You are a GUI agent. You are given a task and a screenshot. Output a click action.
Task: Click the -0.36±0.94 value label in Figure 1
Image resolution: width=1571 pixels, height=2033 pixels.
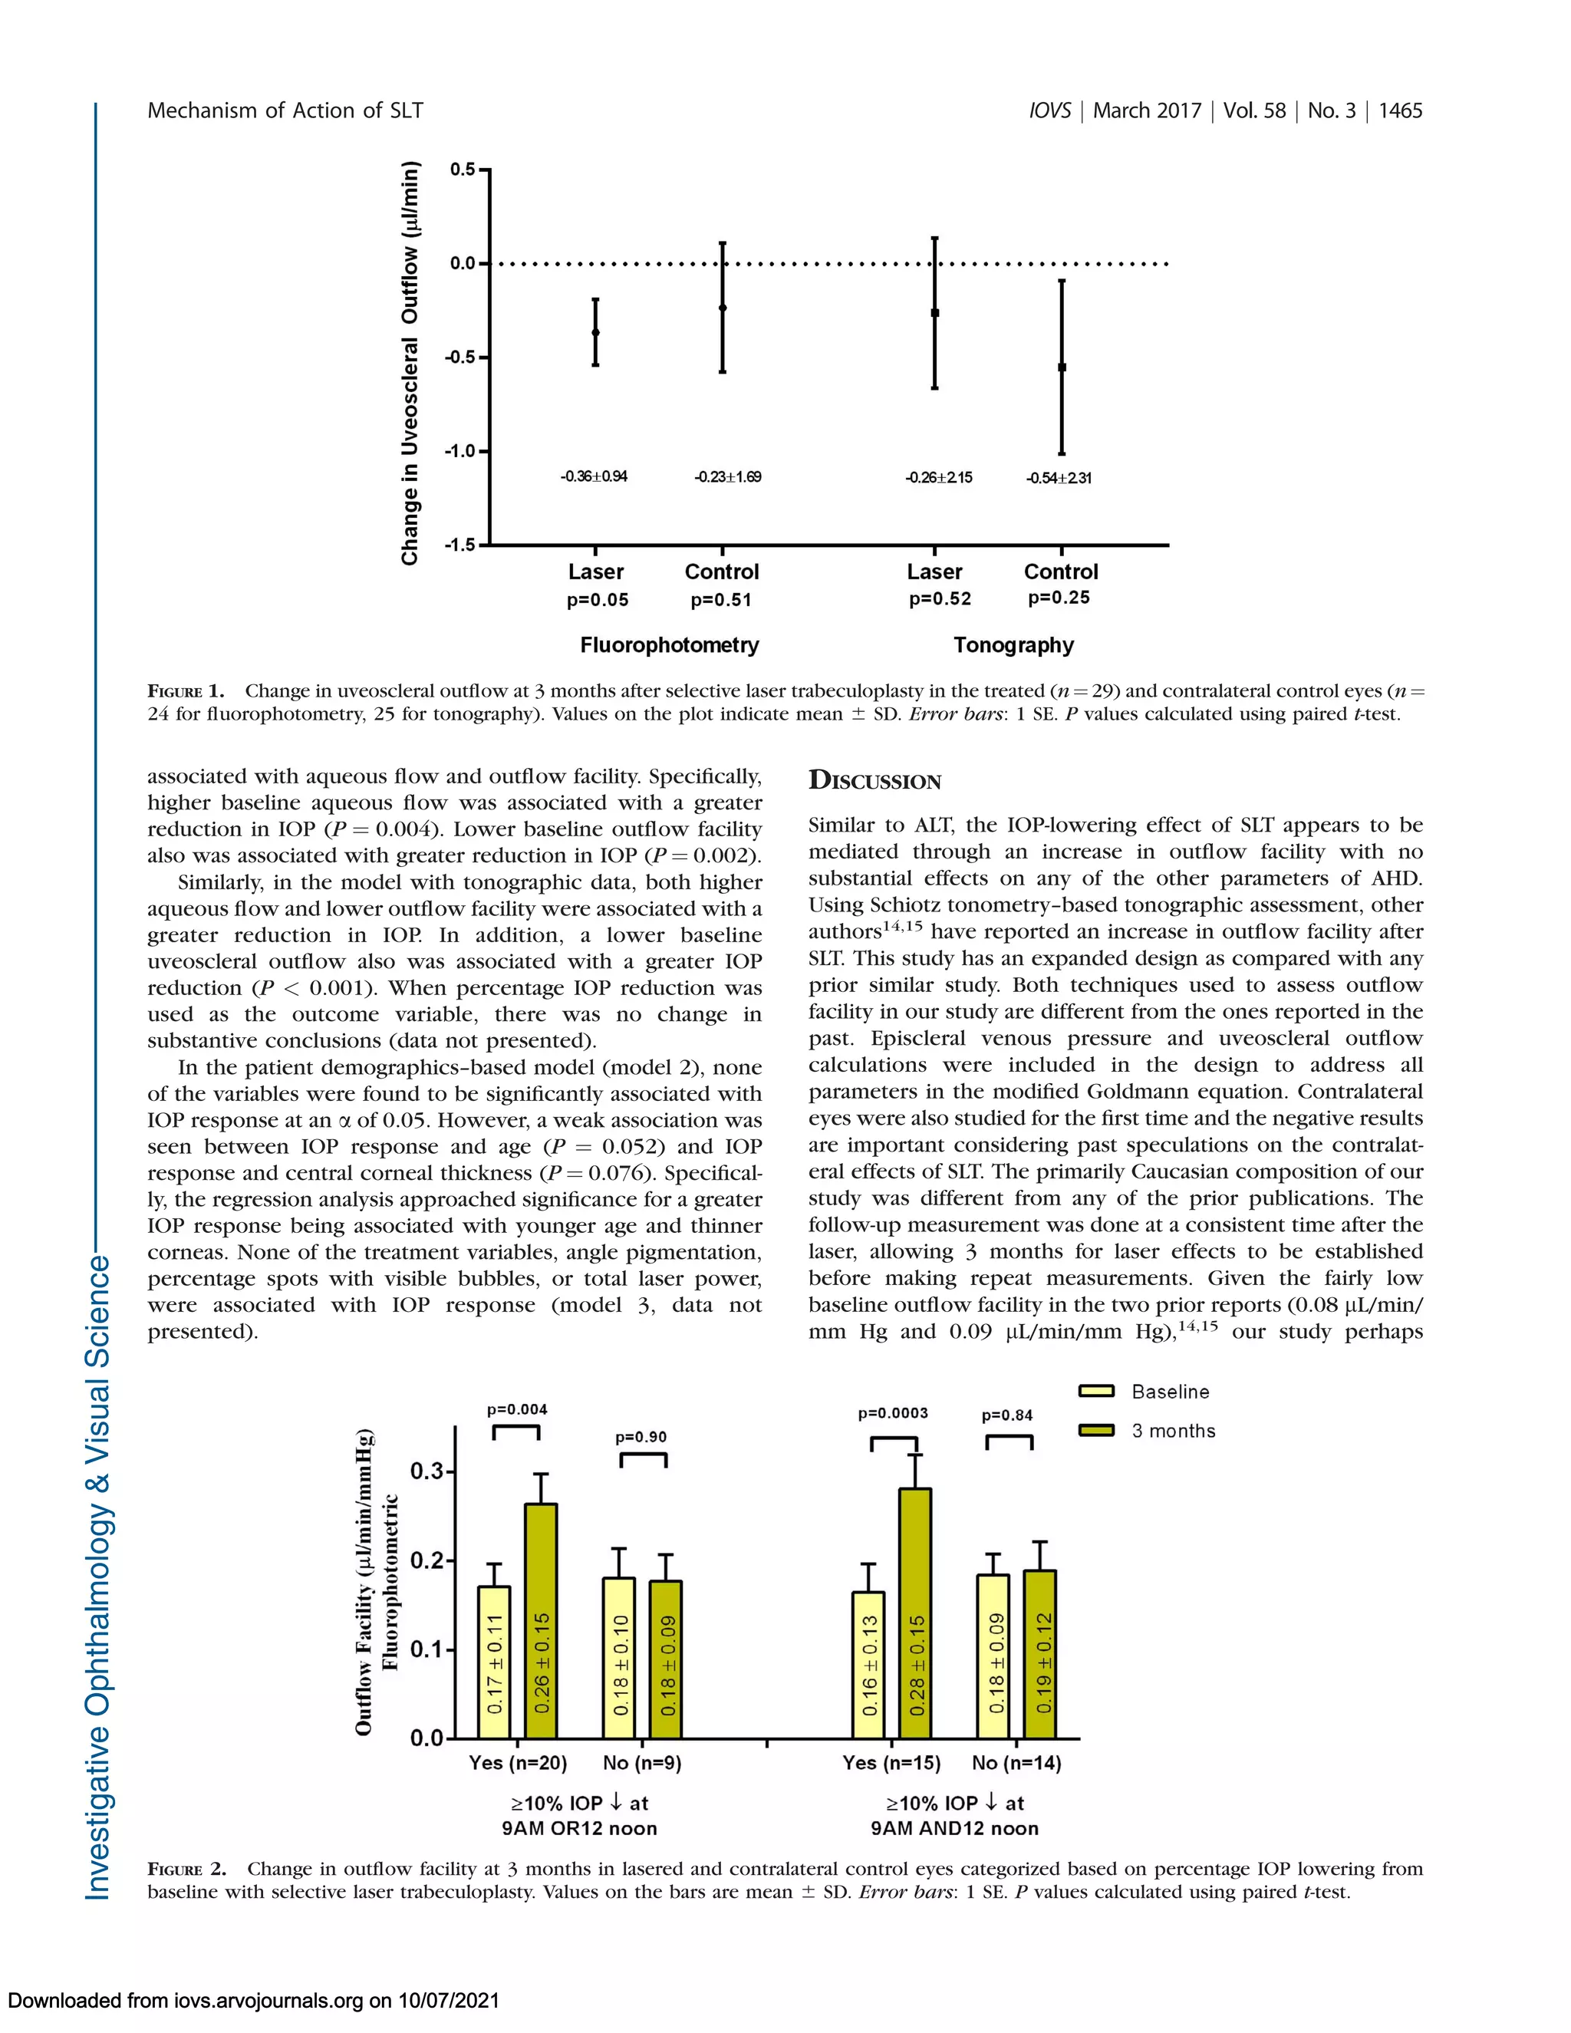coord(594,476)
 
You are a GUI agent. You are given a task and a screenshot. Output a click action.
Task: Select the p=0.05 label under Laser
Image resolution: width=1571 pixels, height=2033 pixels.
coord(598,601)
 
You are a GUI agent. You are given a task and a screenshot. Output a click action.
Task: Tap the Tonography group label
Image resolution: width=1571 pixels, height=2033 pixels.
coord(1013,645)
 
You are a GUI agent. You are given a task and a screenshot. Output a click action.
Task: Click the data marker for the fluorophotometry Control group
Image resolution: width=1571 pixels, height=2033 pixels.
coord(723,307)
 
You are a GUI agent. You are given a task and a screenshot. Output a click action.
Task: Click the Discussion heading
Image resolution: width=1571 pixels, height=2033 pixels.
coord(874,781)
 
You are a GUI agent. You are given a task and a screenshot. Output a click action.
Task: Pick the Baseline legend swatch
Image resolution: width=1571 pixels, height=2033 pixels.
coord(1096,1392)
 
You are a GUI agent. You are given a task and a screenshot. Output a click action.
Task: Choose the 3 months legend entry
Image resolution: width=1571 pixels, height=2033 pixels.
coord(1173,1431)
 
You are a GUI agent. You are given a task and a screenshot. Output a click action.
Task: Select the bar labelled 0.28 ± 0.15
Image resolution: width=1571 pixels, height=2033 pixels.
coord(916,1613)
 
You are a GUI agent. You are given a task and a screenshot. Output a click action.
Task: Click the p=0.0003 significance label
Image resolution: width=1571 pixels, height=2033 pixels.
coord(893,1413)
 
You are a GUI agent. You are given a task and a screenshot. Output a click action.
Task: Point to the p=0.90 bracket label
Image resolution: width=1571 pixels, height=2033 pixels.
coord(641,1437)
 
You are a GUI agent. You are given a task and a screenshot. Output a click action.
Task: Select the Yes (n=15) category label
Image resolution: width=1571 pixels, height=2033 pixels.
coord(891,1763)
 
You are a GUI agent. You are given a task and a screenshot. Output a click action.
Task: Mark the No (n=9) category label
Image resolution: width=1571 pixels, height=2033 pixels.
coord(641,1763)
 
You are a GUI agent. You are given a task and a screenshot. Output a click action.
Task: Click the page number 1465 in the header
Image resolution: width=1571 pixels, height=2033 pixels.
coord(1400,110)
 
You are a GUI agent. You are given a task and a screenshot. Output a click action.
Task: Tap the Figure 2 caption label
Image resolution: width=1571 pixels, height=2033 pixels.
coord(187,1869)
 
